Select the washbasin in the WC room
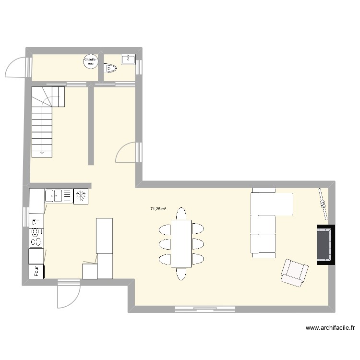(129, 59)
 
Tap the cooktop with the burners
(36, 236)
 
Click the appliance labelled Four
(36, 271)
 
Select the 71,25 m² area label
(158, 209)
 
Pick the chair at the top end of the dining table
(181, 213)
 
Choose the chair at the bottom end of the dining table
(181, 274)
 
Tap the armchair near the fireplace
(294, 272)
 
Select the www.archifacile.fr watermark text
(330, 328)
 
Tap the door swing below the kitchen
(66, 295)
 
